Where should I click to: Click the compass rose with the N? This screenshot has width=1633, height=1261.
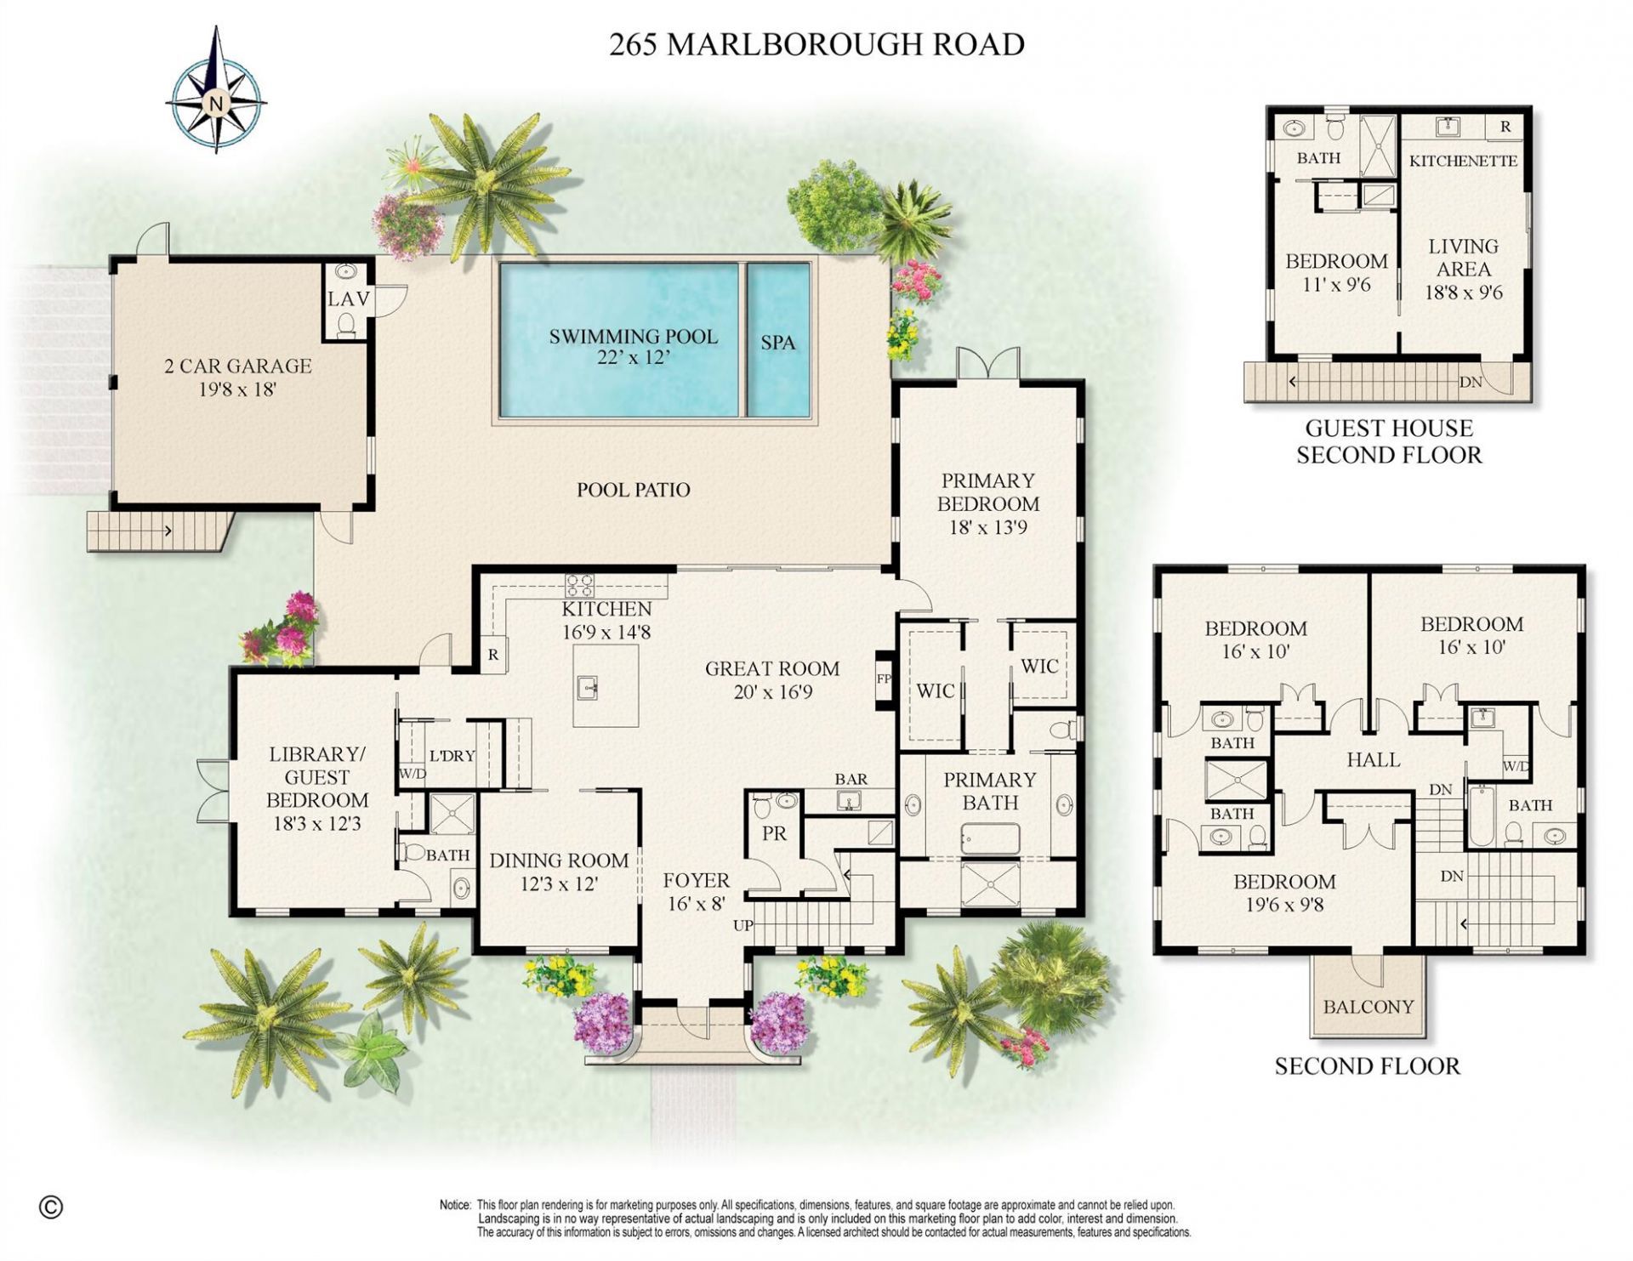(216, 102)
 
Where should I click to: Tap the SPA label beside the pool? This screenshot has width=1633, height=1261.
(777, 343)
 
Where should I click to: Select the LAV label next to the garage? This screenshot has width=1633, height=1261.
(349, 299)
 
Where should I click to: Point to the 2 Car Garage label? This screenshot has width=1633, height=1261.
(238, 377)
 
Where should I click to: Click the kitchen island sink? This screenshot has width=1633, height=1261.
(588, 685)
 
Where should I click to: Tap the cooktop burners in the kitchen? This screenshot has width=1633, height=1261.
(581, 585)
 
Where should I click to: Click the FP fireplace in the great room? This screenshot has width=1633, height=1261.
(884, 679)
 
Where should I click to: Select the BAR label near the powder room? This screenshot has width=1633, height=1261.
(851, 779)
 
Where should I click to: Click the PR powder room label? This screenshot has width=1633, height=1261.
(774, 834)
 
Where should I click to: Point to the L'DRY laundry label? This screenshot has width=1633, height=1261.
(452, 756)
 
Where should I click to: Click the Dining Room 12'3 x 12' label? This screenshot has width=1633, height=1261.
(559, 872)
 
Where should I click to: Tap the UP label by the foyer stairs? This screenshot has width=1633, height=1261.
(743, 925)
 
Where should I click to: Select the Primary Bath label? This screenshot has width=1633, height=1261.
(990, 791)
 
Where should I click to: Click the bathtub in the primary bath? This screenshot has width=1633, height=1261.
(990, 838)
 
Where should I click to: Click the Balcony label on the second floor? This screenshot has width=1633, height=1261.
(1368, 1007)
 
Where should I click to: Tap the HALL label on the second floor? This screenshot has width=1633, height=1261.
(1374, 759)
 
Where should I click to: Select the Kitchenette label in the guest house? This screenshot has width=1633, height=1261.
(1463, 161)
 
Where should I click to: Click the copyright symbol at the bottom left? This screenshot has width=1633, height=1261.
(51, 1207)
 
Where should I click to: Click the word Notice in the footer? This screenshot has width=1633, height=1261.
(455, 1205)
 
